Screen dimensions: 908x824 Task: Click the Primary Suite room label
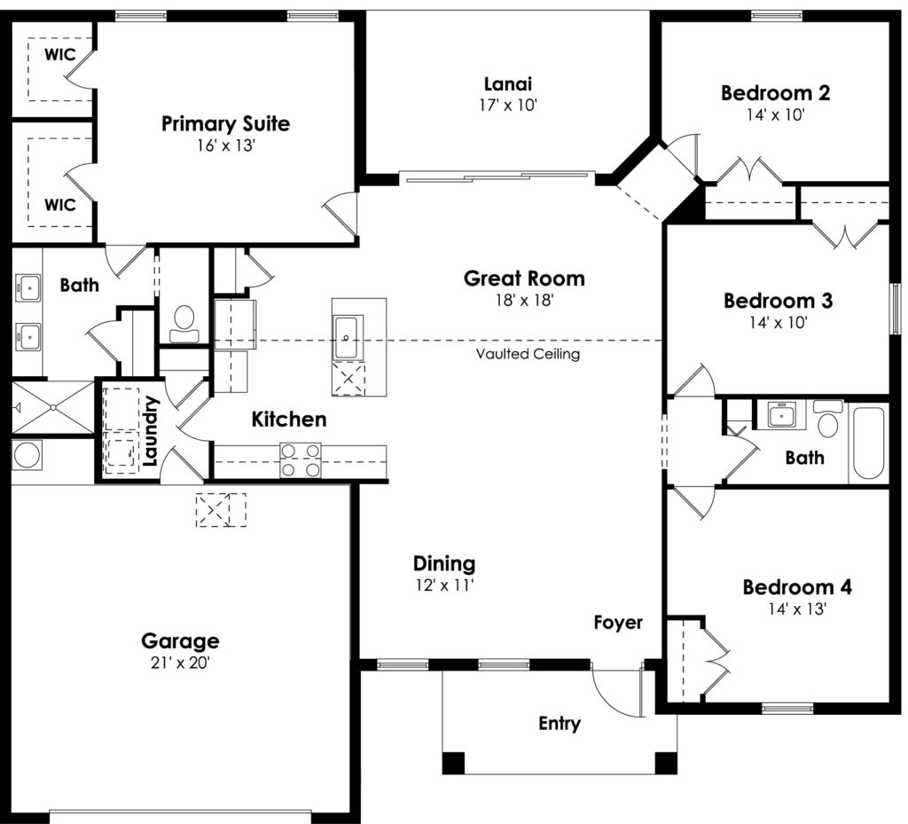pos(225,124)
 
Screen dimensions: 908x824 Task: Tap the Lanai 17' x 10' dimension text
pos(508,106)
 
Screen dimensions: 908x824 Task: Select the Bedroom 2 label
pos(775,92)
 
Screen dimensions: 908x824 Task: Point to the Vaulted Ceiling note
pos(528,353)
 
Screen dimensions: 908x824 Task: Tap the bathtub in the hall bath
pos(869,443)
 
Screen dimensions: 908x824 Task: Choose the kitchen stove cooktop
pos(300,459)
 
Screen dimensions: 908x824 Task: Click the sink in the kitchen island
pos(348,338)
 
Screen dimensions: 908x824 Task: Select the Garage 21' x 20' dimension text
pos(180,663)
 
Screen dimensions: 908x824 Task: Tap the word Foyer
pos(618,623)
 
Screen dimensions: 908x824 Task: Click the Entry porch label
pos(560,723)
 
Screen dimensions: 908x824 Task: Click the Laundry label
pos(150,430)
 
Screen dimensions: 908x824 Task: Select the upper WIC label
pos(59,54)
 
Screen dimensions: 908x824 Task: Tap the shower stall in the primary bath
pos(52,407)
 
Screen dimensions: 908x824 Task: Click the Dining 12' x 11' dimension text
pos(444,585)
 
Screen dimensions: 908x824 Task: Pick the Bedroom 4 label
pos(797,587)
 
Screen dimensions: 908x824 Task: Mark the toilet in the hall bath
pos(828,419)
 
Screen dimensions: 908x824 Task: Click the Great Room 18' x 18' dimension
pos(524,300)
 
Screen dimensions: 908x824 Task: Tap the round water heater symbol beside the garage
pos(27,454)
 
